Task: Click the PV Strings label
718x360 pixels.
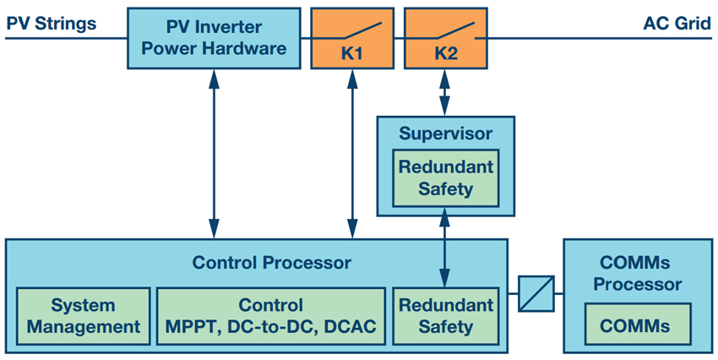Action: click(x=52, y=24)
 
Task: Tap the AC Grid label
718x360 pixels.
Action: click(x=677, y=24)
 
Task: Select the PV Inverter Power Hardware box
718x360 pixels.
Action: click(x=214, y=38)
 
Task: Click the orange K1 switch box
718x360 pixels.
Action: click(x=352, y=38)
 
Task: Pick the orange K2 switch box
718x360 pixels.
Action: click(x=445, y=38)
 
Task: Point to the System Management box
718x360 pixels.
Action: click(x=84, y=316)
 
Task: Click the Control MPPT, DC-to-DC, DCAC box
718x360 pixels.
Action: click(x=270, y=316)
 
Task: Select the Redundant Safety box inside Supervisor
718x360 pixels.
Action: click(x=445, y=177)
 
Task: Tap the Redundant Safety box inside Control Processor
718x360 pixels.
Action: click(x=445, y=316)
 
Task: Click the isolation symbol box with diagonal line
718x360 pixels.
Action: click(x=536, y=293)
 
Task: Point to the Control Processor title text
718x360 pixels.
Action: click(x=271, y=263)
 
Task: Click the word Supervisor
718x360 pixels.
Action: click(x=445, y=134)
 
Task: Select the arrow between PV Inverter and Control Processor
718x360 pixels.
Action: click(x=214, y=154)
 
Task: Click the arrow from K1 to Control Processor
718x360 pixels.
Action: click(x=352, y=154)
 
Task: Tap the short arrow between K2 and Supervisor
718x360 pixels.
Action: click(x=444, y=92)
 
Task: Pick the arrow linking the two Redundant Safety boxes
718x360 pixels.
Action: click(x=444, y=248)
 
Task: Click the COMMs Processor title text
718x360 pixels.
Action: click(x=638, y=274)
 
